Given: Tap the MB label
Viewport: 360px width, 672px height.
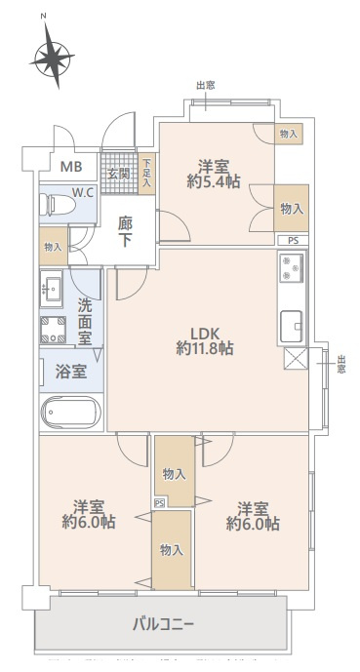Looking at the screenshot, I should tap(72, 166).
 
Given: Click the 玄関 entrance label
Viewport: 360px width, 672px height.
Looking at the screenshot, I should tap(118, 174).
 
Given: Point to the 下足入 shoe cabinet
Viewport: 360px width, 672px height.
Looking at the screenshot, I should tap(146, 173).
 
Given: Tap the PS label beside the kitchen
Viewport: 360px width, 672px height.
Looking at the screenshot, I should tap(292, 241).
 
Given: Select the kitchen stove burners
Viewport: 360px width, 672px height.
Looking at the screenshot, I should tap(292, 267).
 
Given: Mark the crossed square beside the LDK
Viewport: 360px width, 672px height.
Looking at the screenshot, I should tap(296, 359).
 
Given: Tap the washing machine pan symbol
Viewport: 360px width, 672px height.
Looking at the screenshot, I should tap(56, 330).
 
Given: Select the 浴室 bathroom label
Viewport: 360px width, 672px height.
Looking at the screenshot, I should tap(70, 372).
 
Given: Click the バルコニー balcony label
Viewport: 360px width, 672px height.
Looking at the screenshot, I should tap(163, 623).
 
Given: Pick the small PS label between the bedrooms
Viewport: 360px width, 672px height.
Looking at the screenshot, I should tap(159, 503).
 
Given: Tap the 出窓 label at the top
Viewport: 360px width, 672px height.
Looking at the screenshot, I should tap(205, 86).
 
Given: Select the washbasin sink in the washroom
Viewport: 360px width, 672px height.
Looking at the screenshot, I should tap(51, 288).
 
